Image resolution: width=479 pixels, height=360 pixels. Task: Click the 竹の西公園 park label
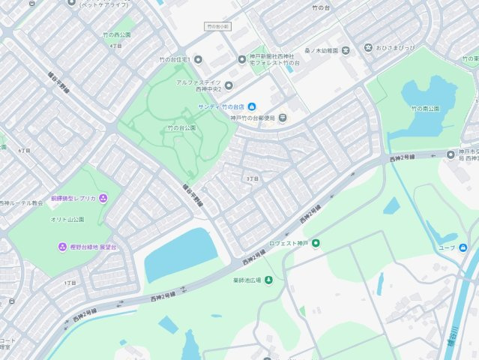(116, 34)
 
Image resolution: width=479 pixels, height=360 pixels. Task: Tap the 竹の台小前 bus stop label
(218, 26)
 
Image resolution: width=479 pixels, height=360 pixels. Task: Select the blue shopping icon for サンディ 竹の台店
(252, 106)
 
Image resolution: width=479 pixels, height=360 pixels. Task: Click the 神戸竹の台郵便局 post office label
(258, 118)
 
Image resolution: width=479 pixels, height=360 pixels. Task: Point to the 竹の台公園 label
(181, 128)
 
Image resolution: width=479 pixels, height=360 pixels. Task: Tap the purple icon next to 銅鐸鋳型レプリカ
(103, 198)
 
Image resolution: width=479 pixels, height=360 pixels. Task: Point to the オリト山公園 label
(67, 220)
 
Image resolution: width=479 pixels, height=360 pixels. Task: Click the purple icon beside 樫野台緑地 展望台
(62, 247)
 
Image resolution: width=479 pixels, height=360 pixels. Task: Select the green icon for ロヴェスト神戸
(316, 243)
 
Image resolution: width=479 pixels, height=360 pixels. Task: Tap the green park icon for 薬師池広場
(269, 280)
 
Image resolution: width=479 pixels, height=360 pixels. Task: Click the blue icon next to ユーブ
(463, 247)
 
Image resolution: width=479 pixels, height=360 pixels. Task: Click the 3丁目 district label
(252, 179)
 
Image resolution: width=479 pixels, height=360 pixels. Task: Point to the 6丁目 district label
(25, 151)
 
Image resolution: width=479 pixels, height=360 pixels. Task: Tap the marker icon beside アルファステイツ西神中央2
(229, 85)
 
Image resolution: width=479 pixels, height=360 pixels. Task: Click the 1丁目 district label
(70, 283)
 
